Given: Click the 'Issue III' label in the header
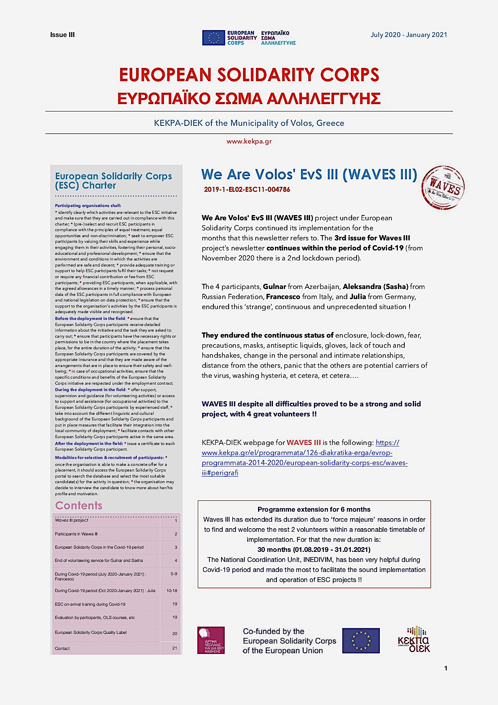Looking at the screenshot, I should pyautogui.click(x=62, y=35).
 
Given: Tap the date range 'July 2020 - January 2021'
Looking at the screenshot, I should pyautogui.click(x=408, y=35).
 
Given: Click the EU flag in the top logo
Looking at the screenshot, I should pyautogui.click(x=213, y=38).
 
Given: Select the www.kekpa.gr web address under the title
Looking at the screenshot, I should pyautogui.click(x=249, y=141).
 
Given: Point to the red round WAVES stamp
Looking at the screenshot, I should pyautogui.click(x=443, y=188).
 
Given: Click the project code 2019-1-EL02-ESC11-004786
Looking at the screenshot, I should pyautogui.click(x=247, y=190).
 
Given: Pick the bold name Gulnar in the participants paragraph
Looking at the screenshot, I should pyautogui.click(x=275, y=287).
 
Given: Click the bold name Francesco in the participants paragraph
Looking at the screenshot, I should pyautogui.click(x=283, y=297).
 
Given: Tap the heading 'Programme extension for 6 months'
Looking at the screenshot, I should pyautogui.click(x=314, y=509).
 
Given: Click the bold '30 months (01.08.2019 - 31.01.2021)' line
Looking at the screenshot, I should pyautogui.click(x=314, y=549).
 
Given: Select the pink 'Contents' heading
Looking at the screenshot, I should pyautogui.click(x=79, y=505).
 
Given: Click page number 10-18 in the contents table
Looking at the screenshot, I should pyautogui.click(x=172, y=590).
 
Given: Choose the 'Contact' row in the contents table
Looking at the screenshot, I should pyautogui.click(x=62, y=648).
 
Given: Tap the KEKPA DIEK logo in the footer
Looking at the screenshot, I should pyautogui.click(x=413, y=639).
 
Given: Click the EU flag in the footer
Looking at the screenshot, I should pyautogui.click(x=361, y=640).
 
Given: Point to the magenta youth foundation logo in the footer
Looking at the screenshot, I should pyautogui.click(x=211, y=640).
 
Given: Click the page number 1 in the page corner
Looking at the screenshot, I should pyautogui.click(x=445, y=668).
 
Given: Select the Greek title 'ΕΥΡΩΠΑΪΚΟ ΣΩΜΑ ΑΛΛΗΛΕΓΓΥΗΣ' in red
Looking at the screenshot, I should pyautogui.click(x=249, y=98).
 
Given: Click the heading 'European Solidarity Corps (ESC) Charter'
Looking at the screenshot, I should pyautogui.click(x=113, y=180).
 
